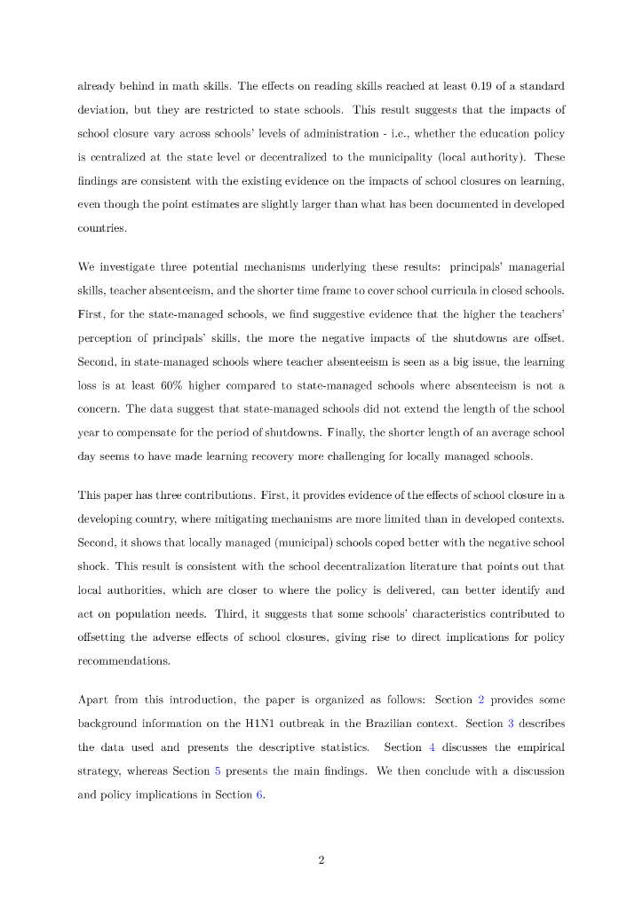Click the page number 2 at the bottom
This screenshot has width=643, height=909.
(x=321, y=858)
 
